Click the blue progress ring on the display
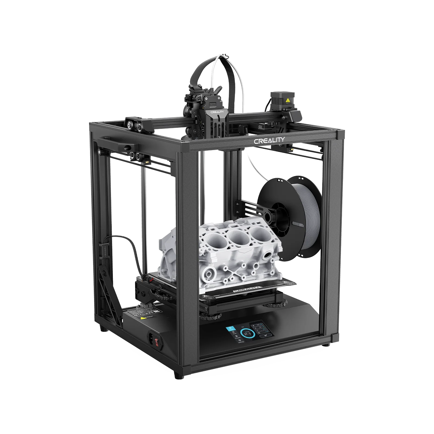[x=247, y=334]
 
